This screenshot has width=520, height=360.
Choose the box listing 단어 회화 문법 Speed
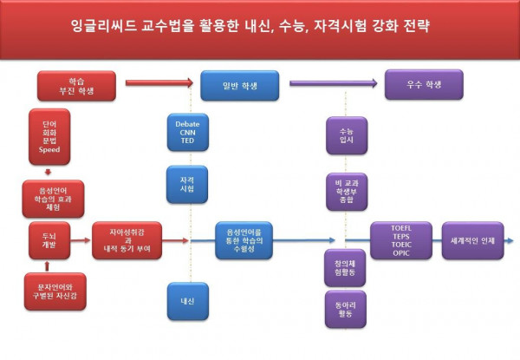(49, 137)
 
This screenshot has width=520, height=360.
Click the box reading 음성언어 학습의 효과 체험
(49, 197)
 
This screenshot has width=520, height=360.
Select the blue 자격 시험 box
(187, 183)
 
